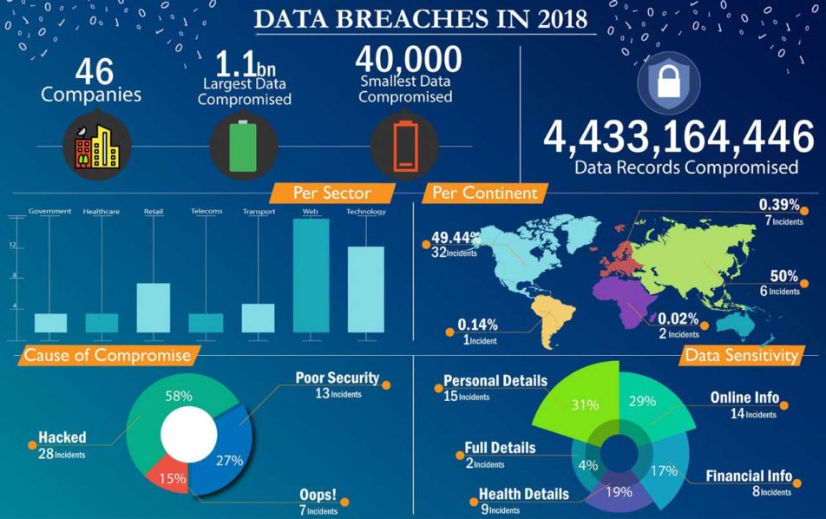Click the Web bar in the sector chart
point(311,276)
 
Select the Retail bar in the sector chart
point(154,307)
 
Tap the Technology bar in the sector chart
point(365,290)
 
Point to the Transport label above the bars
point(259,211)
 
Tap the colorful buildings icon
point(96,144)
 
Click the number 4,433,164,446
point(678,136)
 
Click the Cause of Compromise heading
point(107,354)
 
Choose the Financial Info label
point(748,476)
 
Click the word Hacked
point(62,438)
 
